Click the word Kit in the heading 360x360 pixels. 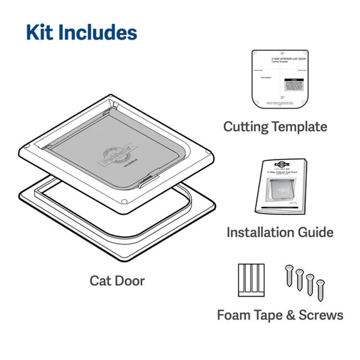pos(40,32)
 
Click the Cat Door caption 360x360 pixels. pos(117,281)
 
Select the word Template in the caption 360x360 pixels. pos(300,126)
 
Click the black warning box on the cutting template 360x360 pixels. pos(292,84)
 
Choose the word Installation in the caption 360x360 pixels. pos(259,232)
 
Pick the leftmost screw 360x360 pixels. pos(289,275)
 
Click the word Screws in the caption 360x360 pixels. pos(321,315)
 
